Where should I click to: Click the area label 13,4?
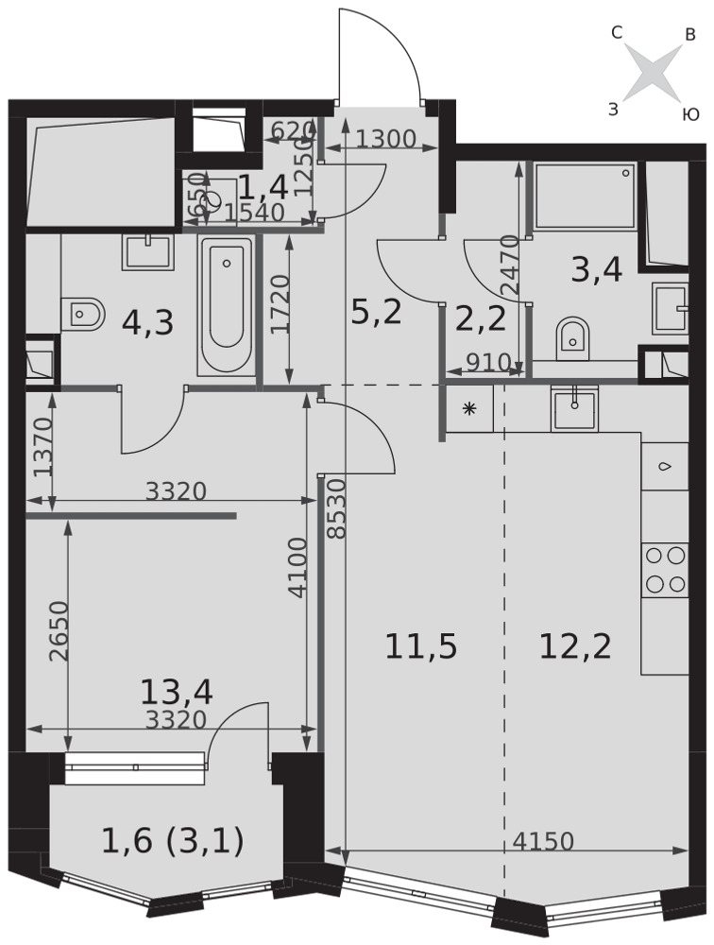click(177, 692)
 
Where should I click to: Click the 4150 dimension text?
click(543, 841)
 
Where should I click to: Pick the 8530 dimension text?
click(337, 508)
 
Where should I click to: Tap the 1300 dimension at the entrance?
click(385, 139)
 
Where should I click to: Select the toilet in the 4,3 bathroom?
click(83, 314)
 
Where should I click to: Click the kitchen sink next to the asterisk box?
click(574, 409)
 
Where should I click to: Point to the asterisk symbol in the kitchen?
click(468, 409)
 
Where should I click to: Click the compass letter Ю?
click(689, 114)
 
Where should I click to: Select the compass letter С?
click(617, 34)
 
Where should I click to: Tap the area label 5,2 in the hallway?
click(376, 314)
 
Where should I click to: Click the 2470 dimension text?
click(510, 265)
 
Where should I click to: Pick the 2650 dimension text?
click(59, 631)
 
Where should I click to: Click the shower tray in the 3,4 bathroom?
click(585, 196)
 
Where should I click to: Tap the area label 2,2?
click(480, 318)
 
